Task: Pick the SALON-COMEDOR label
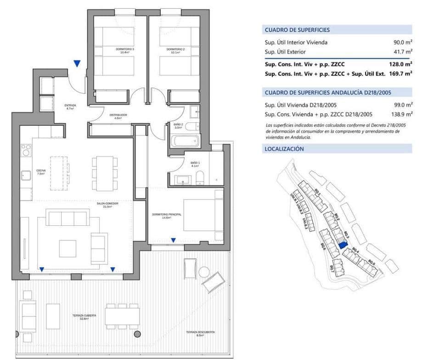tap(108, 205)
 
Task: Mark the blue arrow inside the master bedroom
tap(173, 240)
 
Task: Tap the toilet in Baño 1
tap(200, 177)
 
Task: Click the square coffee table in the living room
tap(68, 248)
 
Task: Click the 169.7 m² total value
tap(400, 73)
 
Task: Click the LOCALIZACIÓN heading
tap(284, 149)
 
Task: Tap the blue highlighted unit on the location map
tap(342, 245)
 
